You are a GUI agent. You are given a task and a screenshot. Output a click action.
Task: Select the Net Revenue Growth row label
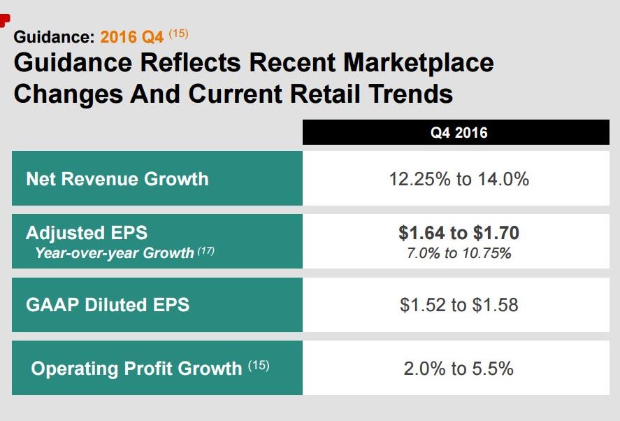117,178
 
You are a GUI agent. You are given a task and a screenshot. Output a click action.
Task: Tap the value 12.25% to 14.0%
459,179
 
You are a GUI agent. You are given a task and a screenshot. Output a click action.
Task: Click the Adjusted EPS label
87,233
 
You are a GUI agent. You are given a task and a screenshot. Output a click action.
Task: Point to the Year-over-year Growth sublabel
114,252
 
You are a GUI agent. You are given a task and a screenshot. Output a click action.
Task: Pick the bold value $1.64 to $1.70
459,233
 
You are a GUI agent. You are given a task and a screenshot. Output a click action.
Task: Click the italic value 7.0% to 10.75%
459,252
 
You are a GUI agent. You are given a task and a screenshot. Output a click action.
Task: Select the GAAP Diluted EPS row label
108,305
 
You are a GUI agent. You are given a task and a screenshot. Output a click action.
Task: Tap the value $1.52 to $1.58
459,305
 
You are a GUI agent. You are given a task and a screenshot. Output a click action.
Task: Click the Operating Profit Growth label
136,368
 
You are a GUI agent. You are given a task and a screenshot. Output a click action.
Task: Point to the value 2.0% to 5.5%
459,368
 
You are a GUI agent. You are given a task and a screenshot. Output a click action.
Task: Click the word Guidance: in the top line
53,36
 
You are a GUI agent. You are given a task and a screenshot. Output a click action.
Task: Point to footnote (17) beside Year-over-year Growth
206,250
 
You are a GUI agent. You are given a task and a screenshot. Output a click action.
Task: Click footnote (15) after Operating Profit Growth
258,365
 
